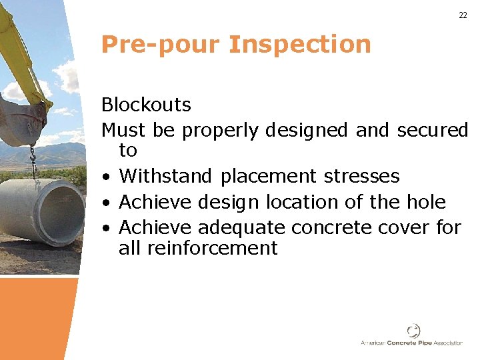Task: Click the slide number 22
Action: (x=463, y=15)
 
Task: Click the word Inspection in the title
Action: (x=299, y=45)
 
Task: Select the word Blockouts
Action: (x=146, y=105)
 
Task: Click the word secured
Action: (x=433, y=130)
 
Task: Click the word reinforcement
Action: (x=198, y=249)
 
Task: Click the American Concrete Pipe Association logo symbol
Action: (x=413, y=330)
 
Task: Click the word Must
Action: (x=124, y=130)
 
